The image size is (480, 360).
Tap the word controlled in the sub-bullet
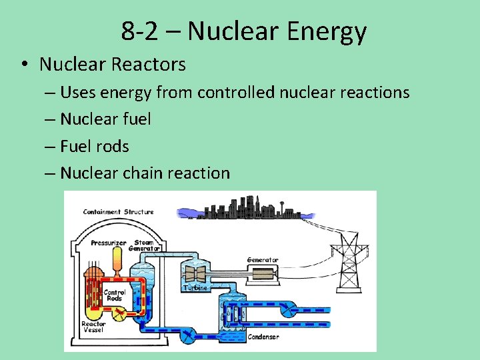pos(235,92)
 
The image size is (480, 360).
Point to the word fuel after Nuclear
pos(137,119)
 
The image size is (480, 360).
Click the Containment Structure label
pos(118,212)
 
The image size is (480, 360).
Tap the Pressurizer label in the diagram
pos(108,243)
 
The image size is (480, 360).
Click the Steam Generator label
pos(147,245)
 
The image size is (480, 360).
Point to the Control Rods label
pos(115,295)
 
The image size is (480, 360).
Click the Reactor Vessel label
pos(93,327)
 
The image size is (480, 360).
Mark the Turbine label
pos(195,287)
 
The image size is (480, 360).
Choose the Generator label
pos(263,260)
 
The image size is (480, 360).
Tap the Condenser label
pos(263,337)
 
